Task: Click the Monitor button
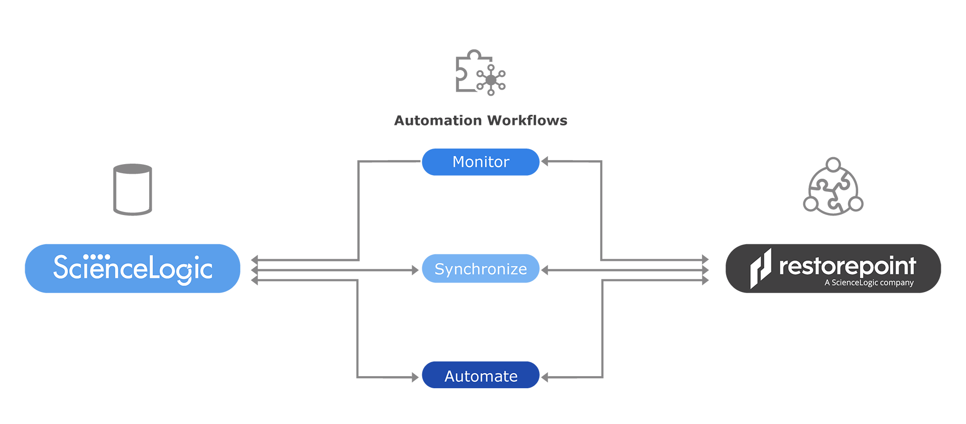pos(480,162)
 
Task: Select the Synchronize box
pos(480,268)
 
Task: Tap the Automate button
pos(480,375)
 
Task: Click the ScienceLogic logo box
pos(133,268)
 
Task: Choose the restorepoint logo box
pos(833,268)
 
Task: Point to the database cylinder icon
pos(133,189)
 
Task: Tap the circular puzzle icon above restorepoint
pos(833,187)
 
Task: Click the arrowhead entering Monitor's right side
pos(545,162)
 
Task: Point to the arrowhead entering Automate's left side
pos(415,377)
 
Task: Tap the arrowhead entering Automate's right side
pos(545,377)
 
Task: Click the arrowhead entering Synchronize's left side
pos(415,270)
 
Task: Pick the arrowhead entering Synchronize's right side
pos(545,270)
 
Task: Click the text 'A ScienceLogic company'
pos(869,283)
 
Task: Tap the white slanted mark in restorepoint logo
pos(760,268)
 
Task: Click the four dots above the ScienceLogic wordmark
pos(96,257)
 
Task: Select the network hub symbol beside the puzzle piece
pos(491,80)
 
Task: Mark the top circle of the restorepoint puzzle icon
pos(833,165)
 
